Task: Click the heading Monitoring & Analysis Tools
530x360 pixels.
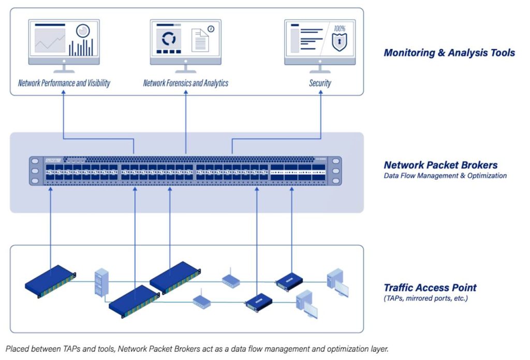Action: point(449,52)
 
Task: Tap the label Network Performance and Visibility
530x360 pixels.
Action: point(64,83)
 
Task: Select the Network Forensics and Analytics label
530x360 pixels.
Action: point(185,83)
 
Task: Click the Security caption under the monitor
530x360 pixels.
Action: point(320,83)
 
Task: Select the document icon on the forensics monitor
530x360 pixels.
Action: point(200,40)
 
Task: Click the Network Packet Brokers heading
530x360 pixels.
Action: point(440,165)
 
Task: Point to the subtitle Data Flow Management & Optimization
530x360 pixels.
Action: point(445,176)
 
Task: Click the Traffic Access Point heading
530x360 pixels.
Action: point(430,287)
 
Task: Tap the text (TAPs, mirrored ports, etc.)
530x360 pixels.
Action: point(425,298)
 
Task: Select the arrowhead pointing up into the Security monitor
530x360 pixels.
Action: point(320,95)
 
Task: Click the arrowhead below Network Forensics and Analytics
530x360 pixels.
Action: point(186,95)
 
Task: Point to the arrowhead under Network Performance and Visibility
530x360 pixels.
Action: point(64,95)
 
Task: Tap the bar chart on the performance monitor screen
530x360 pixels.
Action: point(81,48)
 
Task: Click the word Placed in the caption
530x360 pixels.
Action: point(17,349)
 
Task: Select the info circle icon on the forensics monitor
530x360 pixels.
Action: point(211,29)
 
